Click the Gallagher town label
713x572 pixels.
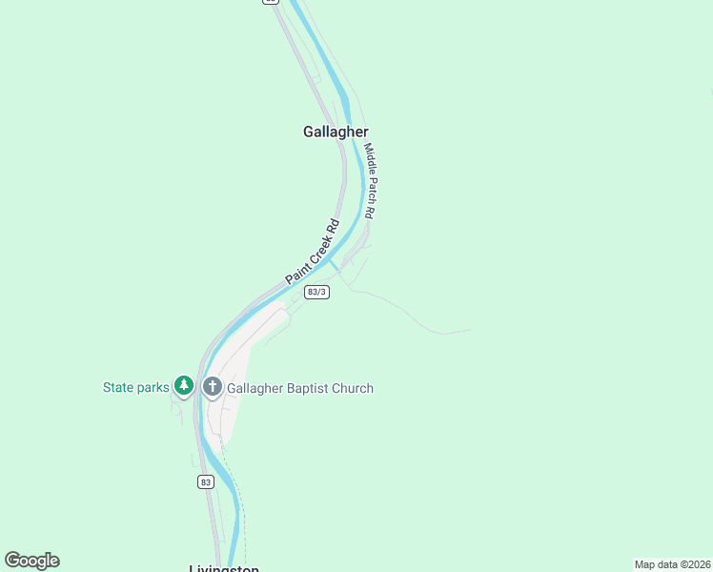pos(336,132)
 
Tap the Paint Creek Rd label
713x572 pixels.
pos(313,253)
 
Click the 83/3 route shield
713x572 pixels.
pos(317,292)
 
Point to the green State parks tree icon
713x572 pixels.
pos(184,386)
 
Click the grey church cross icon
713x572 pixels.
pos(212,386)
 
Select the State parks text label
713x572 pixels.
pos(135,387)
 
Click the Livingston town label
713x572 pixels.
pos(224,568)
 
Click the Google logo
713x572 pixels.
pos(31,561)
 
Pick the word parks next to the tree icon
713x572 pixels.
pos(153,387)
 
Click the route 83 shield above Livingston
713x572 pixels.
pos(206,482)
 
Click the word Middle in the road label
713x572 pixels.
pos(369,158)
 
